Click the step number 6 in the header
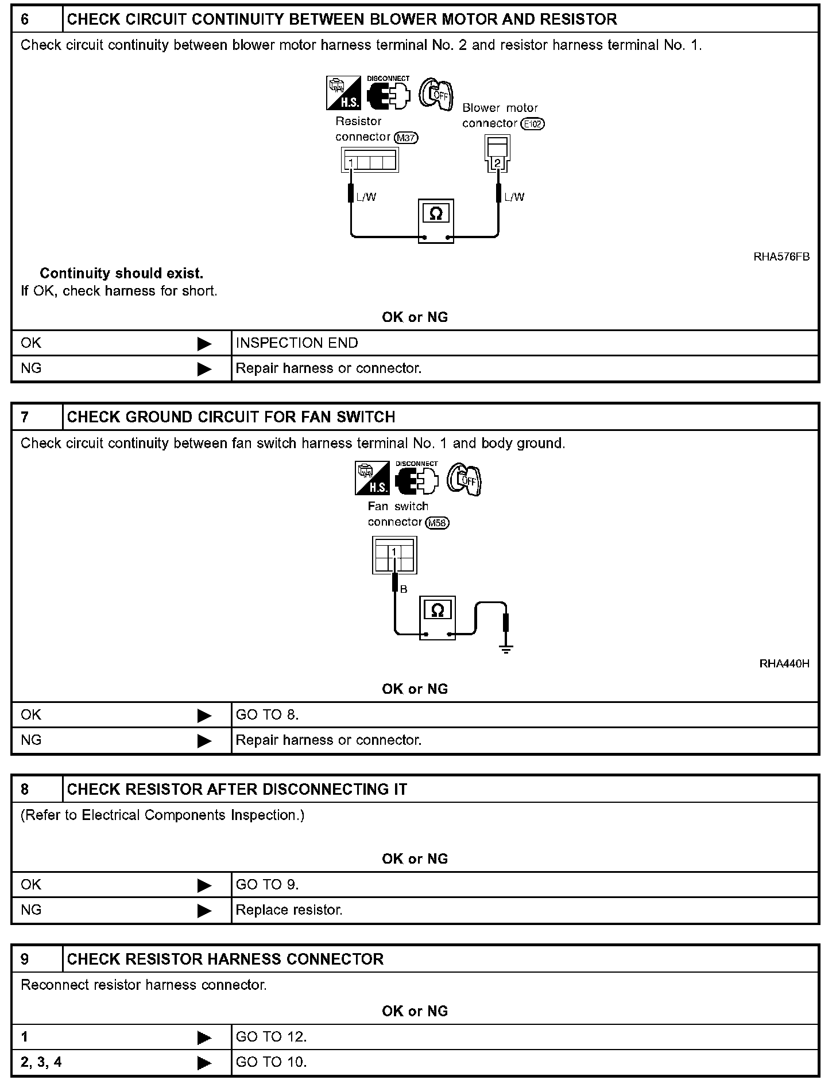click(25, 20)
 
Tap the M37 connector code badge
click(407, 138)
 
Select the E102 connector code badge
click(533, 124)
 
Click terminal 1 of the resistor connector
click(350, 164)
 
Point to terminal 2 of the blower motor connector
click(497, 164)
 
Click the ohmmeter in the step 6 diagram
click(436, 221)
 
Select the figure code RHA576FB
click(781, 257)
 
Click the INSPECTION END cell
click(297, 343)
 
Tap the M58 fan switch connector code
click(438, 523)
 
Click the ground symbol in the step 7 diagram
click(506, 648)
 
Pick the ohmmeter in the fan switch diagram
click(438, 617)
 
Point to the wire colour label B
click(404, 589)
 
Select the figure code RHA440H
click(784, 664)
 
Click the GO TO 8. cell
click(268, 715)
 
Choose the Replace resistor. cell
click(289, 910)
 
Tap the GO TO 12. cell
click(272, 1037)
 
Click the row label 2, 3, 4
click(41, 1062)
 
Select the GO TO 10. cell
click(272, 1062)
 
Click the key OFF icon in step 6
click(436, 94)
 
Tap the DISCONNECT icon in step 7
click(416, 479)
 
